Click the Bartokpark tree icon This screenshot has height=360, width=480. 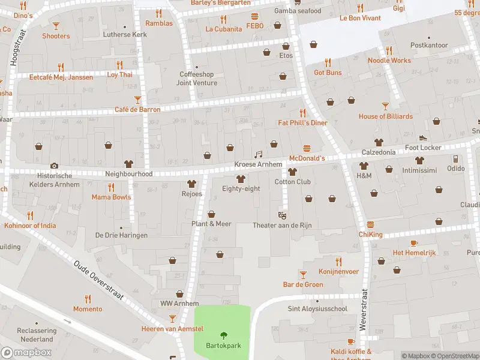click(224, 336)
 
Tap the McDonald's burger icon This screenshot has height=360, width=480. click(307, 148)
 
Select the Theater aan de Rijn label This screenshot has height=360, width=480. click(282, 225)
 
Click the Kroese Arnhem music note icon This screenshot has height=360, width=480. click(259, 154)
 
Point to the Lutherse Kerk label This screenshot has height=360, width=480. click(125, 35)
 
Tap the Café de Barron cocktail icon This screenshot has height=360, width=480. click(137, 100)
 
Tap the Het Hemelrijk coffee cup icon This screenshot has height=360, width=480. click(414, 242)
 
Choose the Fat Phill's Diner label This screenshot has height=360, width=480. click(302, 123)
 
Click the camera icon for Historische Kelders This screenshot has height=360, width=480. click(55, 166)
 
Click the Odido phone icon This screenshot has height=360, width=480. click(455, 158)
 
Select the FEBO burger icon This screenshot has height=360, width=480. click(255, 16)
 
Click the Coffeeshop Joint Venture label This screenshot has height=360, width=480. click(197, 79)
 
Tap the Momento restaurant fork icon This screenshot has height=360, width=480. click(88, 299)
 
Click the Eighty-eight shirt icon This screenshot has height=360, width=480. click(241, 178)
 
